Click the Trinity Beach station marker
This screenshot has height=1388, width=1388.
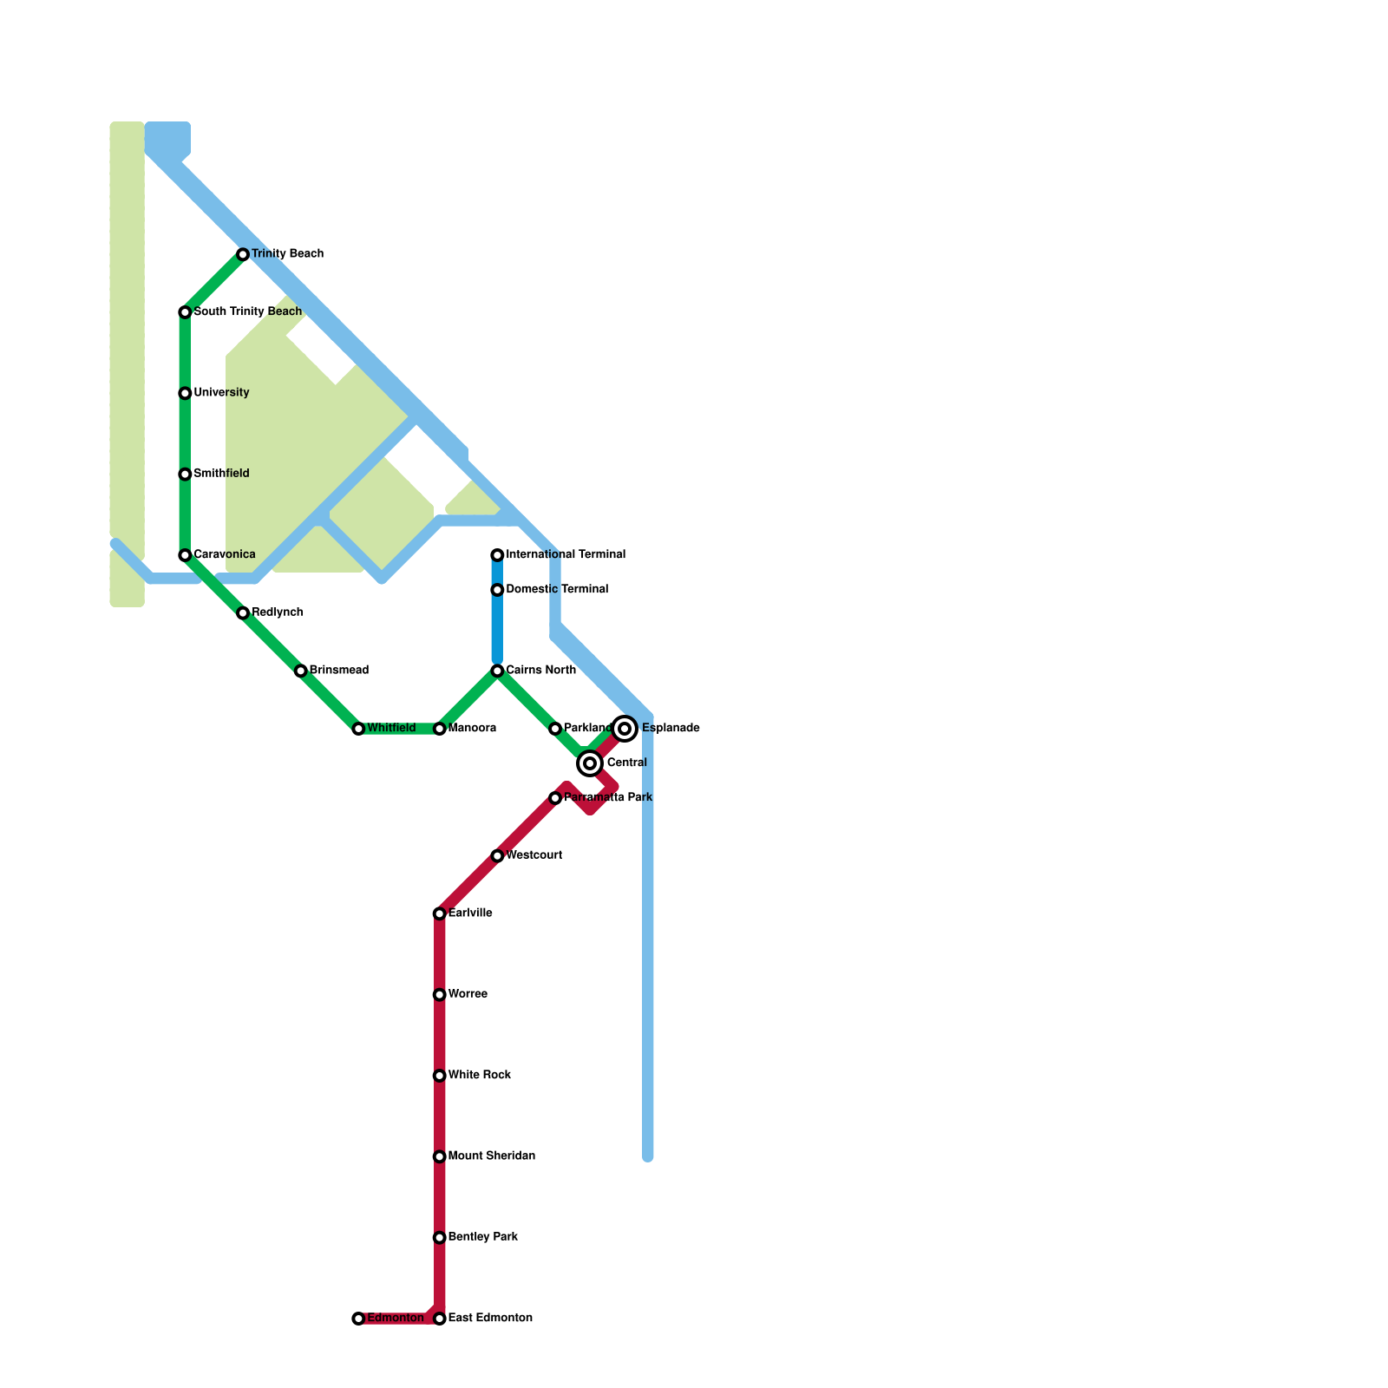click(x=243, y=254)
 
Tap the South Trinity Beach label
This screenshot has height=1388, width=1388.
click(x=247, y=311)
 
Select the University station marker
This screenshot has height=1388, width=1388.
click(x=185, y=394)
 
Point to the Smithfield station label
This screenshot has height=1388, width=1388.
click(x=221, y=474)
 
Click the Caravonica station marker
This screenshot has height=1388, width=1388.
click(x=185, y=555)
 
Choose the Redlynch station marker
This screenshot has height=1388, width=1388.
click(x=243, y=613)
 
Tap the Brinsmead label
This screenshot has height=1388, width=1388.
click(x=338, y=671)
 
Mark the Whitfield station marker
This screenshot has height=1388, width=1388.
click(x=358, y=729)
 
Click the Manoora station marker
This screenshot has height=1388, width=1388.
click(x=440, y=729)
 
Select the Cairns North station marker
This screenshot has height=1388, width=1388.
click(x=497, y=671)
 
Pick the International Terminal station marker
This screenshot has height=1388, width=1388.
click(x=497, y=555)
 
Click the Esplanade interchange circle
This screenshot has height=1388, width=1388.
click(x=625, y=729)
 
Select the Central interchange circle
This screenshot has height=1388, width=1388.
click(x=590, y=763)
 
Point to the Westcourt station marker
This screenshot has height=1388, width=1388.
click(x=497, y=856)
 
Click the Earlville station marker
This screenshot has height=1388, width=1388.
click(x=440, y=913)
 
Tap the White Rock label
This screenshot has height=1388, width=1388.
click(x=479, y=1076)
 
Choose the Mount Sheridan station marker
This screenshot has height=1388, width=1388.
click(x=440, y=1156)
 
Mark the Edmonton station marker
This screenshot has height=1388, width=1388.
click(x=358, y=1319)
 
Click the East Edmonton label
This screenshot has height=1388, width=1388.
click(x=489, y=1319)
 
